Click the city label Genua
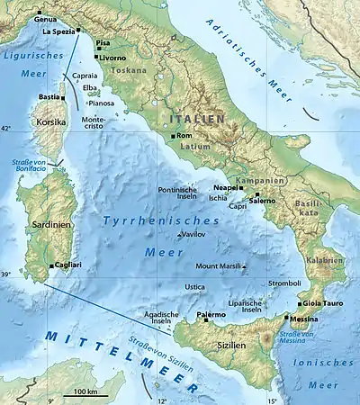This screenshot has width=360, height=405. [x=44, y=18]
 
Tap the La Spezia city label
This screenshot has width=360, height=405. [x=59, y=31]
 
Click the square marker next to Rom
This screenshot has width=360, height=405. [x=175, y=136]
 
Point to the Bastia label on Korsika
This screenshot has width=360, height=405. [x=49, y=96]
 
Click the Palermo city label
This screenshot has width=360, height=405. [x=211, y=313]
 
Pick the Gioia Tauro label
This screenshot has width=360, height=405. [x=322, y=303]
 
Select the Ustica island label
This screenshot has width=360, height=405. [x=194, y=286]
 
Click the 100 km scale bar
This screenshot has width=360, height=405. [x=86, y=393]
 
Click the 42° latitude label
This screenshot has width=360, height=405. [x=6, y=130]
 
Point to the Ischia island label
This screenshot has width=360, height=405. [x=218, y=198]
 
